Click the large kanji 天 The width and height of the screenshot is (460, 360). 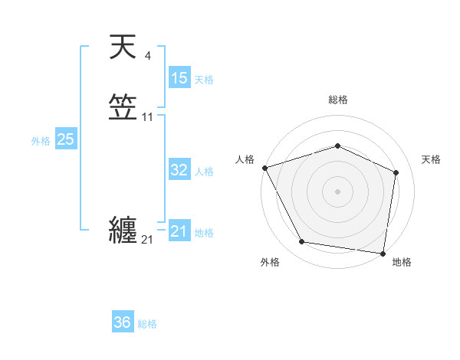pyautogui.click(x=123, y=48)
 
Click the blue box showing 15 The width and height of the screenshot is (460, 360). pyautogui.click(x=179, y=78)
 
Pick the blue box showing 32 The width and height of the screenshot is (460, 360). pyautogui.click(x=179, y=170)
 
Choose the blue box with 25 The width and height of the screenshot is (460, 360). pyautogui.click(x=65, y=139)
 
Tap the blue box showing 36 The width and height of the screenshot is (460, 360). pyautogui.click(x=123, y=322)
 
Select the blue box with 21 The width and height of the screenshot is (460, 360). pyautogui.click(x=179, y=231)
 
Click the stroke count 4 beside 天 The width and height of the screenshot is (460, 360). pyautogui.click(x=147, y=55)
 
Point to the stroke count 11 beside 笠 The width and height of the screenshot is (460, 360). pyautogui.click(x=148, y=117)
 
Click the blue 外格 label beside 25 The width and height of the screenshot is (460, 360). pyautogui.click(x=41, y=141)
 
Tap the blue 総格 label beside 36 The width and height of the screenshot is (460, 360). pyautogui.click(x=147, y=324)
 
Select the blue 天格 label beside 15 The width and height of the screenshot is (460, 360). pyautogui.click(x=204, y=80)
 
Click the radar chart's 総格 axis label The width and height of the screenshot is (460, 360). pyautogui.click(x=338, y=100)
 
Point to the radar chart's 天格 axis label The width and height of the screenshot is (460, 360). pyautogui.click(x=432, y=159)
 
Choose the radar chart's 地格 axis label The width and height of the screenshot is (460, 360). pyautogui.click(x=402, y=262)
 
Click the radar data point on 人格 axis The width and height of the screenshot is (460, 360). pyautogui.click(x=264, y=168)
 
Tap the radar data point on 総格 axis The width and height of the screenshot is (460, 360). pyautogui.click(x=337, y=146)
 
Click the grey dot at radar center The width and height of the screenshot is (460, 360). pyautogui.click(x=337, y=191)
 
